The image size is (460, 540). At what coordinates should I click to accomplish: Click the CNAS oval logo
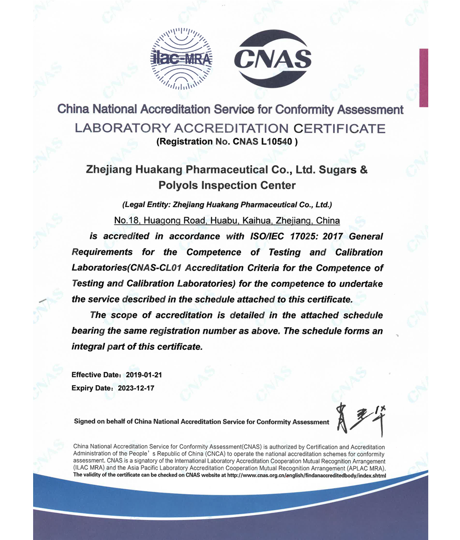(x=272, y=58)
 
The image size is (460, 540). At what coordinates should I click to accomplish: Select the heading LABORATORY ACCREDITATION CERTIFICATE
(x=230, y=128)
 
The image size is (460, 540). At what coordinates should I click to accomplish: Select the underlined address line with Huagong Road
(x=227, y=221)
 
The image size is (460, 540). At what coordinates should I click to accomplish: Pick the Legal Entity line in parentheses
(x=227, y=205)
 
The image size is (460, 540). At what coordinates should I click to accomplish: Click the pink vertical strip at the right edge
(x=423, y=78)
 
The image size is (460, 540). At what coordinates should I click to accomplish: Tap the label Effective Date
(x=96, y=375)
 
